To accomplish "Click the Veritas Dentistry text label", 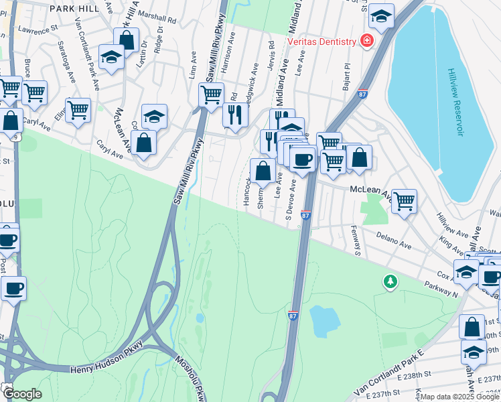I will [321, 42].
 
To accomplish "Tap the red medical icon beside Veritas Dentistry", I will [366, 42].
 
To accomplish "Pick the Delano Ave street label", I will [392, 241].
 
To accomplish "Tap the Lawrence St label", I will [39, 30].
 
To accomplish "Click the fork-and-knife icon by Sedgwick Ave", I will [235, 115].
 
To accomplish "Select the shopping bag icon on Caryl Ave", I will [143, 141].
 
